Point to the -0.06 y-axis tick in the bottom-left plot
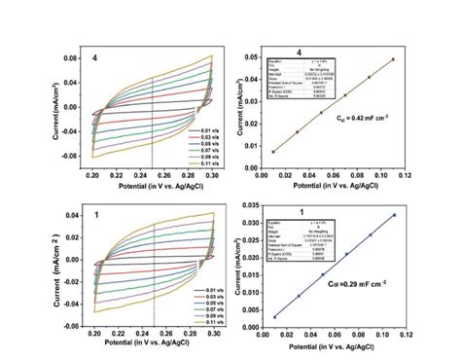67,326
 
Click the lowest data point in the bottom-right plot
275,315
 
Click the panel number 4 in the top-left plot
94,58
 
